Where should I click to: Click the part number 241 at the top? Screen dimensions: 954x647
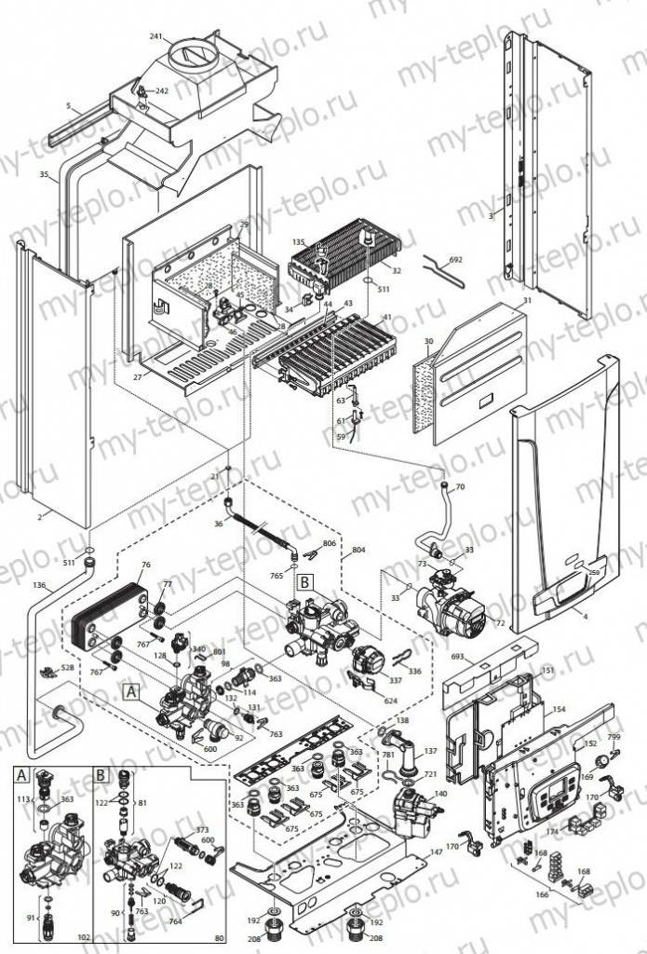click(x=155, y=37)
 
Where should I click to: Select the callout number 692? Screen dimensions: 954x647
click(x=454, y=260)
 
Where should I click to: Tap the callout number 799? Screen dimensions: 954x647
click(x=613, y=738)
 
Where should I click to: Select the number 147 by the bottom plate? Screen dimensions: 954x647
click(x=436, y=852)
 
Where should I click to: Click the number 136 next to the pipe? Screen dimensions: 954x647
click(x=38, y=586)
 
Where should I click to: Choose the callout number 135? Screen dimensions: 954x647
click(x=298, y=241)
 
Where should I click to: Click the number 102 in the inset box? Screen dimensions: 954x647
click(x=83, y=938)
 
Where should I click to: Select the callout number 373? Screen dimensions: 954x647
click(x=201, y=830)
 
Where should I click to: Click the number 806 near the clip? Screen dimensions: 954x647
click(x=329, y=542)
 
